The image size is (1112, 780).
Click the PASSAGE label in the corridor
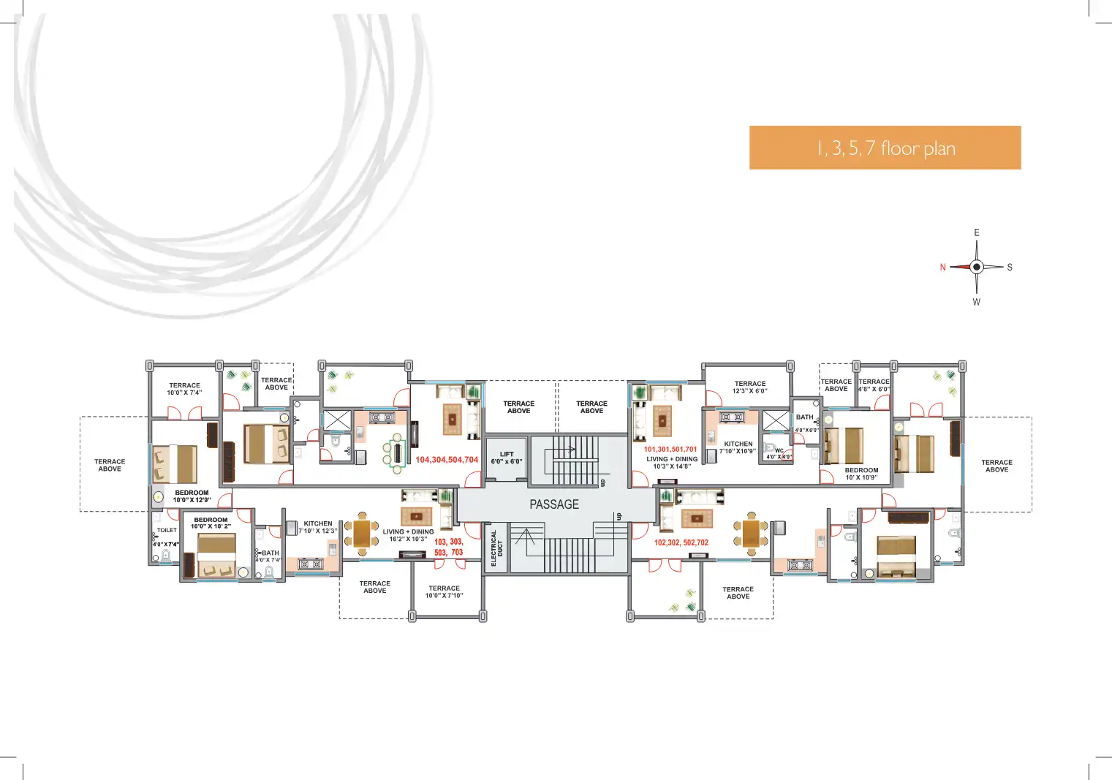[554, 504]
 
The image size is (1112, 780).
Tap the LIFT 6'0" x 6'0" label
[507, 458]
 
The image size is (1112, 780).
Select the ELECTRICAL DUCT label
[496, 548]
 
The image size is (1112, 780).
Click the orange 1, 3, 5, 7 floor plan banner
[885, 148]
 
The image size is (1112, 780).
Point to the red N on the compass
[942, 268]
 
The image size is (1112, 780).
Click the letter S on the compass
[1010, 268]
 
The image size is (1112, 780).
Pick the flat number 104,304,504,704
[447, 460]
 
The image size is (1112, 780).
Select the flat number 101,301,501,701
[670, 450]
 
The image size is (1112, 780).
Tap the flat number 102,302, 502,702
[681, 542]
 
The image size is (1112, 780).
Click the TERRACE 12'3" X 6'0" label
[750, 387]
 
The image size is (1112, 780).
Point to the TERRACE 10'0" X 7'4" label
[184, 389]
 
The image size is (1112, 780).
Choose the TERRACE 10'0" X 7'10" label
[445, 592]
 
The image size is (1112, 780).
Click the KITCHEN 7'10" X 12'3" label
[318, 527]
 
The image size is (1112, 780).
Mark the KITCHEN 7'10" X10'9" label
[738, 447]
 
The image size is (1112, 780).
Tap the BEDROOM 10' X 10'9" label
[861, 474]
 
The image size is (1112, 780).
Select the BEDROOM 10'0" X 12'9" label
[192, 496]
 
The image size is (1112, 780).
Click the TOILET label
[167, 531]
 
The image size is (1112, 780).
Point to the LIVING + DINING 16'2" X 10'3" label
[408, 535]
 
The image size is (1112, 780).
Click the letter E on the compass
[976, 232]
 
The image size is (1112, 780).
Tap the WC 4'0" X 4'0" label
[779, 454]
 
